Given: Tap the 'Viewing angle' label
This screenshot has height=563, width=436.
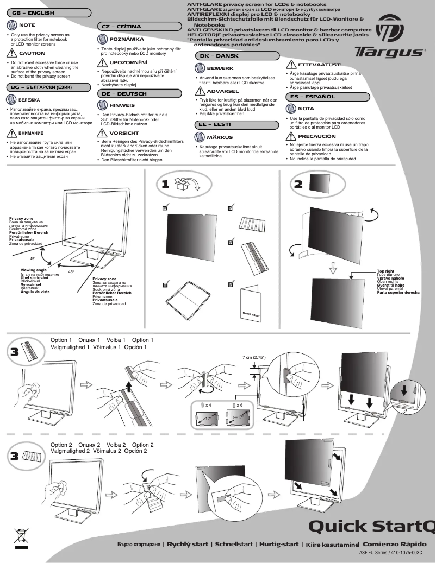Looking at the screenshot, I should coord(33,270).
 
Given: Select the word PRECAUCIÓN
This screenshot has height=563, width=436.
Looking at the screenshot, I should coord(317,136).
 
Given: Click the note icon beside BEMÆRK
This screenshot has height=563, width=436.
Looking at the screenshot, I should coord(198,69).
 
